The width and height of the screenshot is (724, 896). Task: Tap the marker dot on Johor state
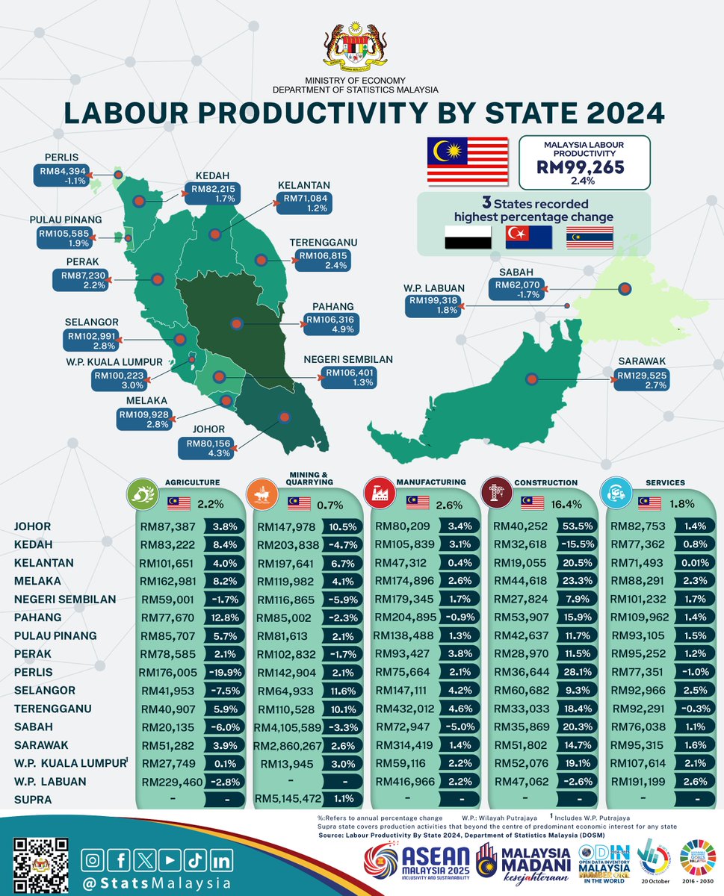pyautogui.click(x=284, y=418)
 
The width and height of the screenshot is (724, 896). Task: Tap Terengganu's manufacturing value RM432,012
pyautogui.click(x=405, y=709)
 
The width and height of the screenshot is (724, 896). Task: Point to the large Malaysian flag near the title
pyautogui.click(x=467, y=161)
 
